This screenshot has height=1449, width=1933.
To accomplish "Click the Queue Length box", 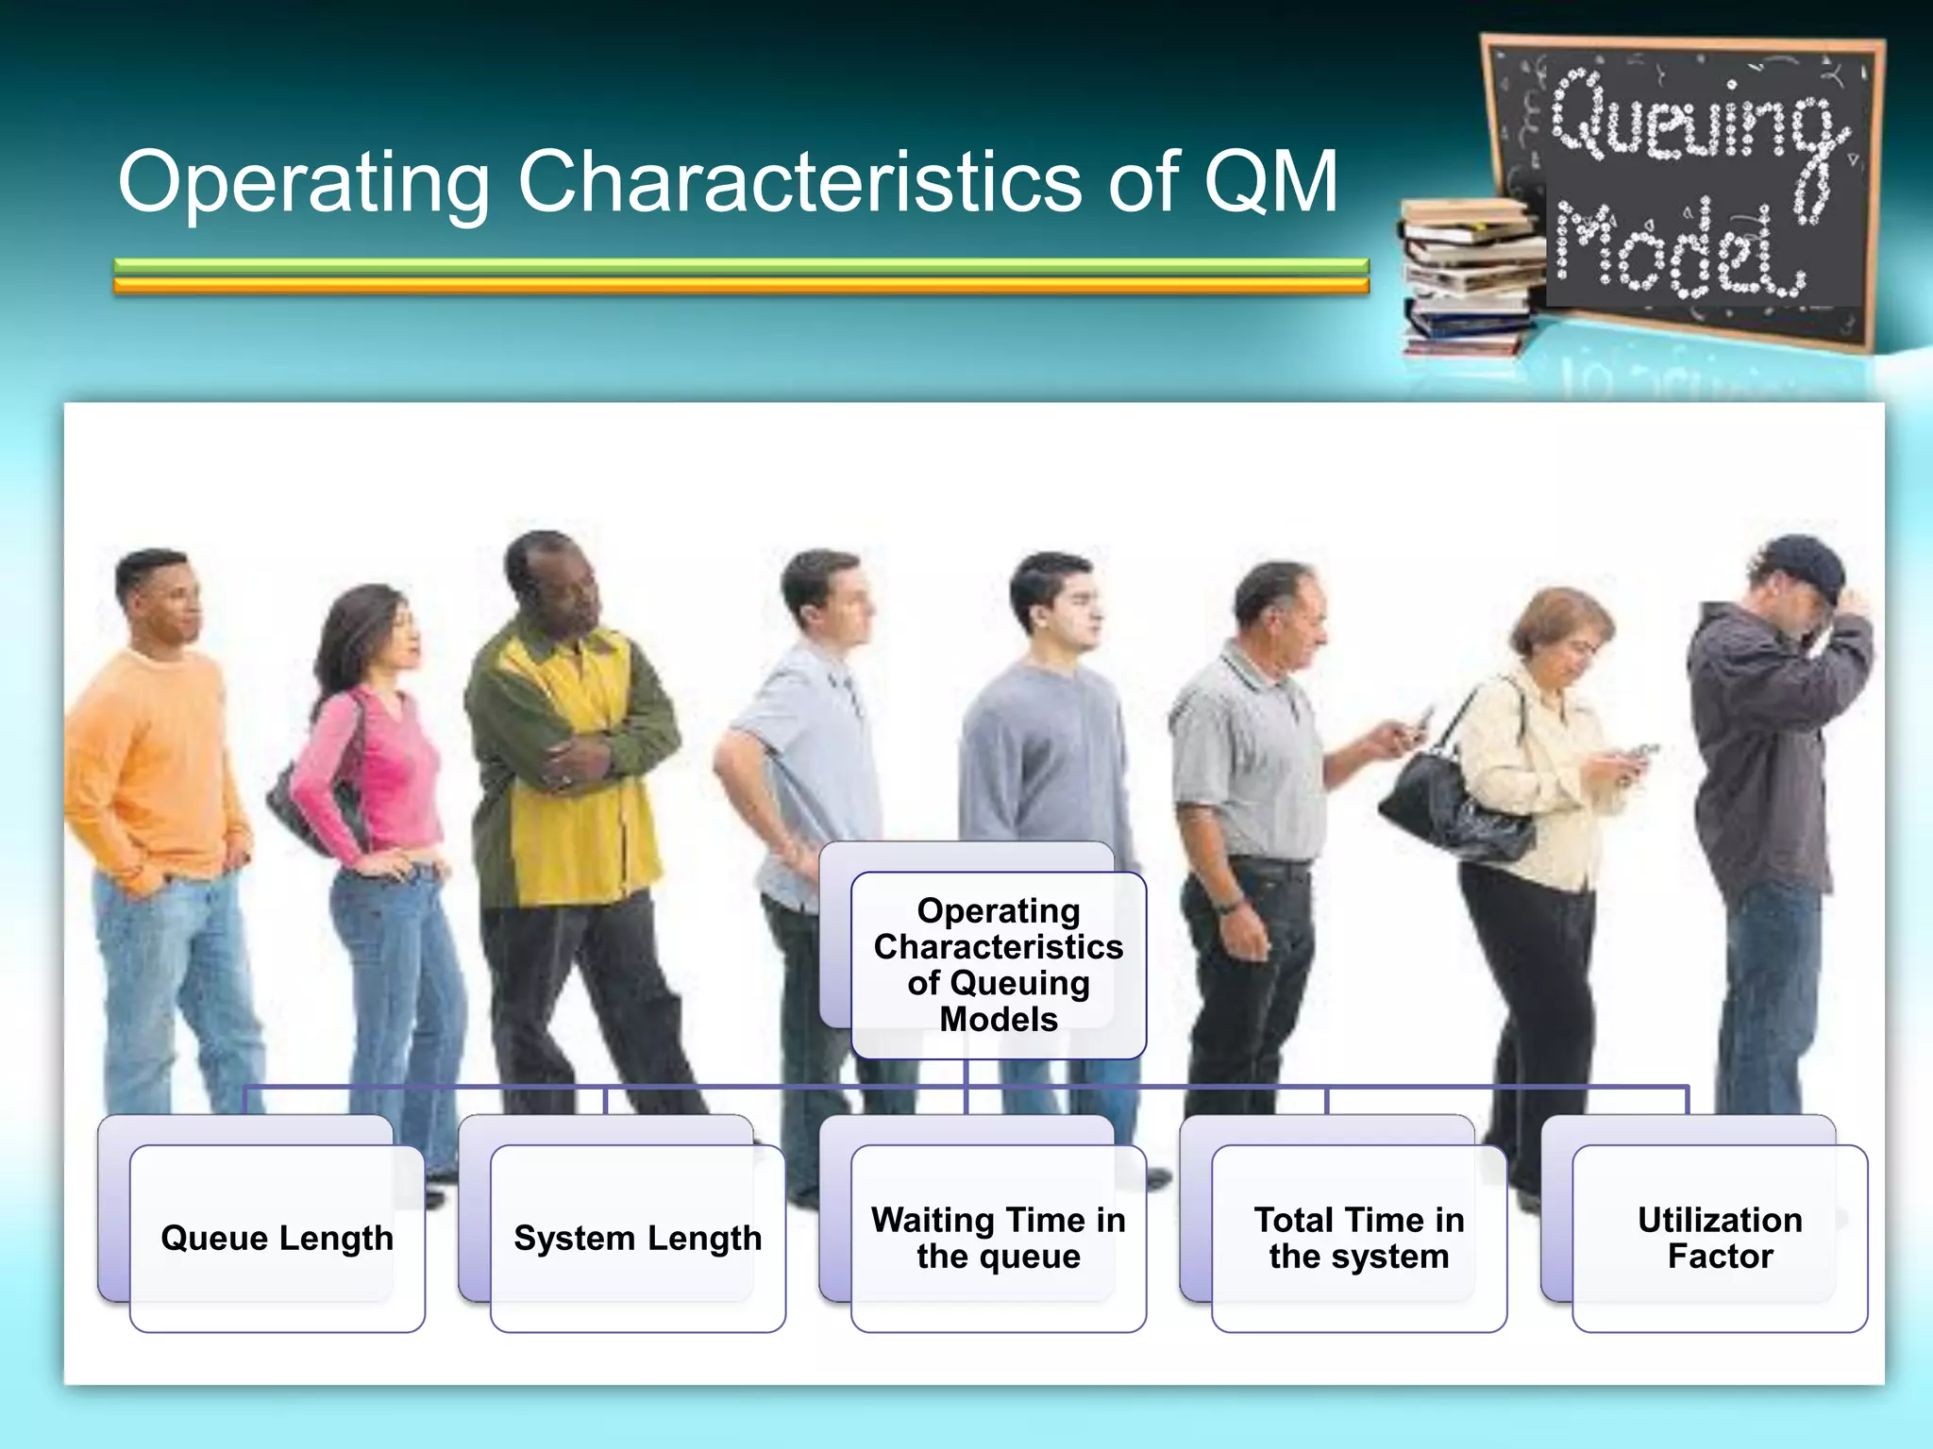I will coord(277,1238).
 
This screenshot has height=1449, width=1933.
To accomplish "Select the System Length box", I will coord(637,1238).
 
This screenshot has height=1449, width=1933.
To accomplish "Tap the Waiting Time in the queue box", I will coord(999,1238).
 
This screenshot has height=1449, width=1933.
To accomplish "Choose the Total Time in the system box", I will coord(1359,1238).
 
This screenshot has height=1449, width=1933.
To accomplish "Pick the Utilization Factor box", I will coord(1720,1238).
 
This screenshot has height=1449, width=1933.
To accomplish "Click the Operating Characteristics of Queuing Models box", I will coord(999,964).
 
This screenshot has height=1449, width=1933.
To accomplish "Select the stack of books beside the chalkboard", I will coord(1468,278).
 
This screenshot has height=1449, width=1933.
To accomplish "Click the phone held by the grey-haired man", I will coord(1419,723).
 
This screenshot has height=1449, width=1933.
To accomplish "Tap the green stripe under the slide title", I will coord(741,266).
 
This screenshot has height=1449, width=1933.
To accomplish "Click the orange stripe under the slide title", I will coord(741,286).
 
